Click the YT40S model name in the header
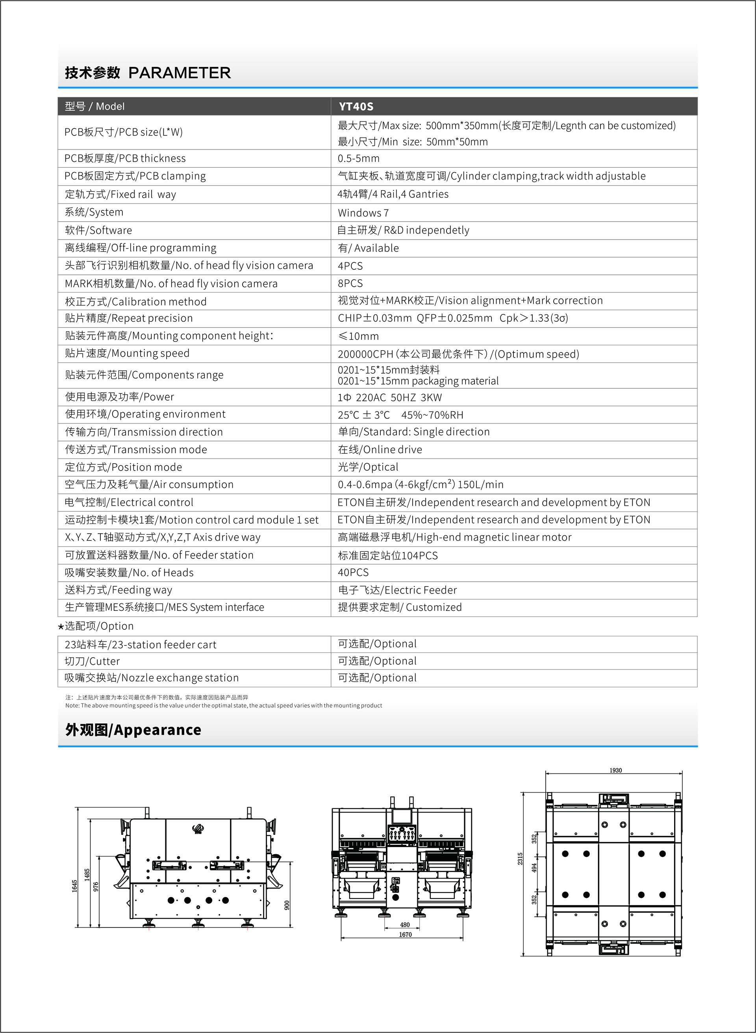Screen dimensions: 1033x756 point(356,107)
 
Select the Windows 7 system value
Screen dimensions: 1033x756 point(363,213)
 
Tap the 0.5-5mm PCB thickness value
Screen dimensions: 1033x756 point(358,158)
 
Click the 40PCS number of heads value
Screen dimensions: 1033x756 point(353,572)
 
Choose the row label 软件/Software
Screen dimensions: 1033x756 point(98,230)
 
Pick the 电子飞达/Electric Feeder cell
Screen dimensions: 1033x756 point(397,590)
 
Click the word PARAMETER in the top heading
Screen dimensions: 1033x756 point(180,73)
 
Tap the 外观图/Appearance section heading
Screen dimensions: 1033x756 point(133,729)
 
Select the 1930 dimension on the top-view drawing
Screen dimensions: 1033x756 point(615,770)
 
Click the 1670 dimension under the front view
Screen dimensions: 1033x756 point(405,935)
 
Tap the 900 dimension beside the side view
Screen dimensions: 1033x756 point(287,905)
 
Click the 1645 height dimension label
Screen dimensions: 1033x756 point(74,886)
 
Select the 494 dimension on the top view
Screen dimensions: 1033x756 point(534,867)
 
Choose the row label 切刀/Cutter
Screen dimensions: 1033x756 point(92,661)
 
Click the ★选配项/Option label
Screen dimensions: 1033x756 point(96,626)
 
